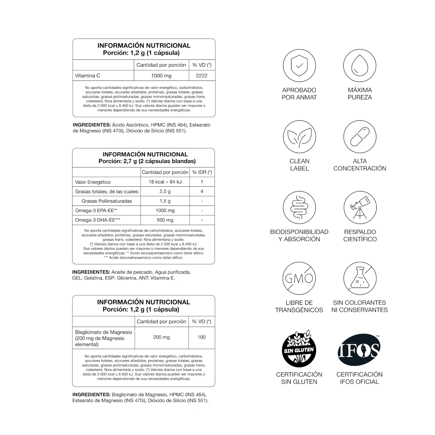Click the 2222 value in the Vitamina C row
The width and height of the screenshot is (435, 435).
[x=202, y=76]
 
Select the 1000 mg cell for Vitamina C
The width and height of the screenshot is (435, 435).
[x=161, y=76]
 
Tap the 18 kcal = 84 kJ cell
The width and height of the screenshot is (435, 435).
[x=165, y=182]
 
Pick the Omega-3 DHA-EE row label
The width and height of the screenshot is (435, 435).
[x=98, y=220]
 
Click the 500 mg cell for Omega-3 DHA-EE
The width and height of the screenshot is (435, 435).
[x=165, y=220]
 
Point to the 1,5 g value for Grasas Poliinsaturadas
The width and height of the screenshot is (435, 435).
[x=165, y=201]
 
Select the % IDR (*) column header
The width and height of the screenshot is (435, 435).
[x=202, y=172]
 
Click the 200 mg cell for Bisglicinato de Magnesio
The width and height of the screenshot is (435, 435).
[x=161, y=337]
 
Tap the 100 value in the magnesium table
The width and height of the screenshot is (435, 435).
[x=202, y=337]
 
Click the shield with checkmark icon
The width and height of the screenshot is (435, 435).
[x=299, y=66]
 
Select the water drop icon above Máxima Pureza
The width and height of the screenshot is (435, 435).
[x=360, y=66]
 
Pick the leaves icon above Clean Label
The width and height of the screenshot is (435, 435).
[x=299, y=137]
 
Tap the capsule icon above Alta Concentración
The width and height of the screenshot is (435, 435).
[x=360, y=137]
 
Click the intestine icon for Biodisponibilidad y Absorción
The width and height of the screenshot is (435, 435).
[x=299, y=208]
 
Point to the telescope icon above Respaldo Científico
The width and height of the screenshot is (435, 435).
[x=360, y=208]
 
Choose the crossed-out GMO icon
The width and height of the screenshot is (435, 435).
[x=299, y=278]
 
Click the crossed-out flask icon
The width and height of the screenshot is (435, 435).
[x=360, y=278]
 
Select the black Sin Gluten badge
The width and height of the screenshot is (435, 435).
[x=299, y=349]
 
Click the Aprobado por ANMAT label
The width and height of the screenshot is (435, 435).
[x=299, y=94]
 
